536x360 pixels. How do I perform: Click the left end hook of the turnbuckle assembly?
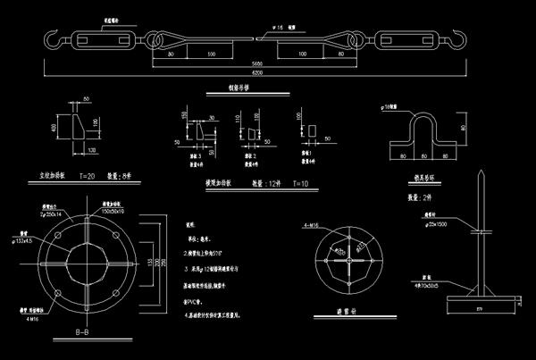coord(52,39)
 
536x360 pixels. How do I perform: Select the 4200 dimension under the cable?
coord(256,72)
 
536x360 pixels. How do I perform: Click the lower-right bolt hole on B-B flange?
coord(119,292)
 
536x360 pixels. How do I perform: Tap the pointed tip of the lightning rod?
coord(482,172)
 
